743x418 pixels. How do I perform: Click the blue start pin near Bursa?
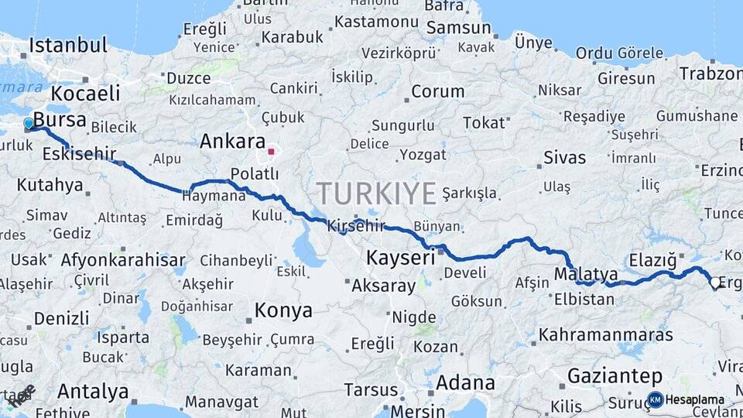click(29, 123)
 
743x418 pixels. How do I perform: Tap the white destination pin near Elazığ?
click(715, 283)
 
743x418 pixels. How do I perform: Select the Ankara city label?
click(233, 142)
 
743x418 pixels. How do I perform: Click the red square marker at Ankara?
click(271, 151)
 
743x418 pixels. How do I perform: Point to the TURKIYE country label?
click(375, 194)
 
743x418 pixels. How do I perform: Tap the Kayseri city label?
click(401, 258)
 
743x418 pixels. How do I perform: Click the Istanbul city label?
click(68, 45)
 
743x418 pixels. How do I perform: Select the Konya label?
click(283, 311)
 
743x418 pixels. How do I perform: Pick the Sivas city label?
click(564, 158)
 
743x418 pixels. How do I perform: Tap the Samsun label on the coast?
click(459, 28)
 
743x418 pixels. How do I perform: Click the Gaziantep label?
click(615, 376)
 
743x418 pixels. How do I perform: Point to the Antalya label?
click(93, 392)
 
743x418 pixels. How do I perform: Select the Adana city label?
click(465, 382)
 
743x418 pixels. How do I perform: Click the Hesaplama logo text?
click(695, 400)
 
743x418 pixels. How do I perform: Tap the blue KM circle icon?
click(655, 399)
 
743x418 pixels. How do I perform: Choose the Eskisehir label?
click(79, 154)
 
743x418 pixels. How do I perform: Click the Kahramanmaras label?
click(605, 335)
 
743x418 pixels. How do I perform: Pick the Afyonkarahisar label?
click(123, 259)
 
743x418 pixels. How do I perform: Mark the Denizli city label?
click(62, 317)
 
